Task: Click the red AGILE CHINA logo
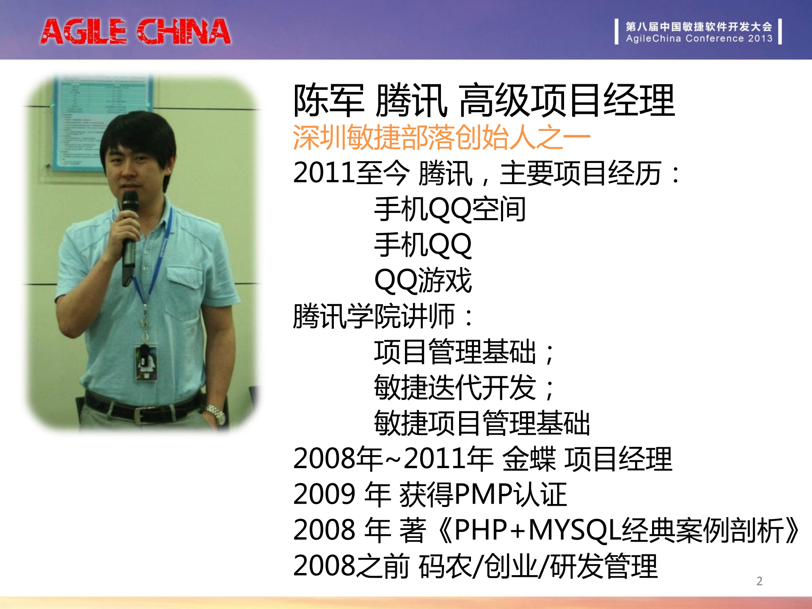click(135, 31)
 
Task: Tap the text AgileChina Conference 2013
click(699, 39)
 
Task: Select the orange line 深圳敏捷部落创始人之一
click(441, 138)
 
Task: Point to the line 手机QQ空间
click(450, 209)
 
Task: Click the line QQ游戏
click(423, 281)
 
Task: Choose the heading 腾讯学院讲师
click(374, 316)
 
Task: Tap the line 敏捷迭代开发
click(455, 388)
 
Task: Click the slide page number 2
click(759, 581)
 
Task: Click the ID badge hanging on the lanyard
click(146, 362)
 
